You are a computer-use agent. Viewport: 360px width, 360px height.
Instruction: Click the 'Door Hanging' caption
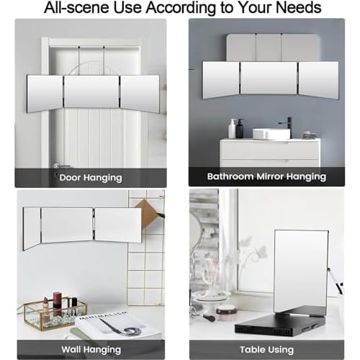[91, 178]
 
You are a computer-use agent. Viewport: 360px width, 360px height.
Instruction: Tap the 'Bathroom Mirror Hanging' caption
[266, 176]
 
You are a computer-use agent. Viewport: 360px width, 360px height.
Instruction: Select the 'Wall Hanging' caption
[91, 350]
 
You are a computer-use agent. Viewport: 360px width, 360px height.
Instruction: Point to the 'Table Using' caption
[266, 350]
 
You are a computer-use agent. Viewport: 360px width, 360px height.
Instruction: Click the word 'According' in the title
[181, 8]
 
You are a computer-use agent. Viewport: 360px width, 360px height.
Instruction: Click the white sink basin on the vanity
[271, 134]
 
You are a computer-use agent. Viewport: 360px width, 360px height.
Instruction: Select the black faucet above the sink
[286, 123]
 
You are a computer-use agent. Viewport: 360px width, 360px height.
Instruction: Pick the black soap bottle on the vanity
[240, 128]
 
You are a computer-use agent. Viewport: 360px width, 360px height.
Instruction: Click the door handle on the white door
[60, 166]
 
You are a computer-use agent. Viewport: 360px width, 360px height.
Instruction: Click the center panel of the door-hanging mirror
[92, 91]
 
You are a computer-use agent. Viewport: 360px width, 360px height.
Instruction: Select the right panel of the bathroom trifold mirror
[318, 79]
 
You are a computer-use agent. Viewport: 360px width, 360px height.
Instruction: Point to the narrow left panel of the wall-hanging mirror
[32, 229]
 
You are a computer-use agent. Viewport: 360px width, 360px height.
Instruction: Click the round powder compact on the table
[226, 312]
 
